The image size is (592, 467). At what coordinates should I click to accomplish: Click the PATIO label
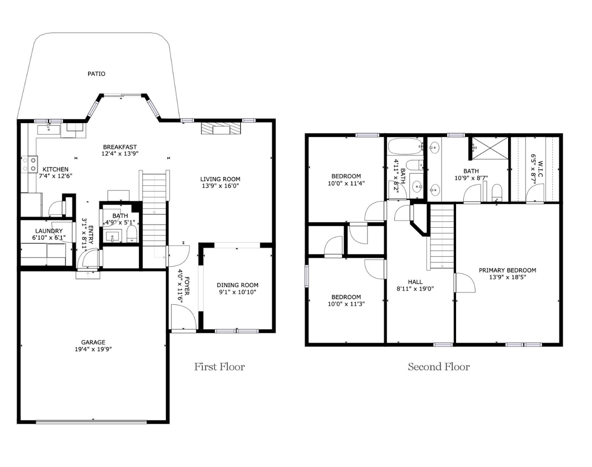point(96,74)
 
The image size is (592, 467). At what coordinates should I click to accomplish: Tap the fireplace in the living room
point(221,129)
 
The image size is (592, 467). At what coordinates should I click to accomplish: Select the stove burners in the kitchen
point(30,164)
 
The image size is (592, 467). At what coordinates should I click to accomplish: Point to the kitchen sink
point(49,130)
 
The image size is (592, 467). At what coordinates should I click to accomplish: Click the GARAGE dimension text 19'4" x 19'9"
point(93,349)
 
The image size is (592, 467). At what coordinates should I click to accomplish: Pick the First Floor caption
point(219,367)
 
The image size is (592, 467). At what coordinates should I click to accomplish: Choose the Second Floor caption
point(439,367)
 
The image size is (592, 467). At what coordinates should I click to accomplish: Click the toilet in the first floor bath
point(131,234)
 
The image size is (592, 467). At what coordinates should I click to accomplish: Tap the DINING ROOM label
point(238,285)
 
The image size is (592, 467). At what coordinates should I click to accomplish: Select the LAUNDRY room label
point(49,231)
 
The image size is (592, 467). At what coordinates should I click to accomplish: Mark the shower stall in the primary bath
point(490,148)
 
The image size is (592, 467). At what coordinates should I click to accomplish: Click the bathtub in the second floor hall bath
point(405,146)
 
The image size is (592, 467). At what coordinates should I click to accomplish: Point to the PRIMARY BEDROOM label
point(508,270)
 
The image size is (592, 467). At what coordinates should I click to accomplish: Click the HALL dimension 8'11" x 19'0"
point(415,289)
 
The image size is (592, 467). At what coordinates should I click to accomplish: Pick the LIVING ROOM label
point(220,179)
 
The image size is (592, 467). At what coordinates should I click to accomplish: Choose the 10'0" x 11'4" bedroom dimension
point(346,183)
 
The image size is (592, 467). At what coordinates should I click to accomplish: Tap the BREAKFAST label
point(120,147)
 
